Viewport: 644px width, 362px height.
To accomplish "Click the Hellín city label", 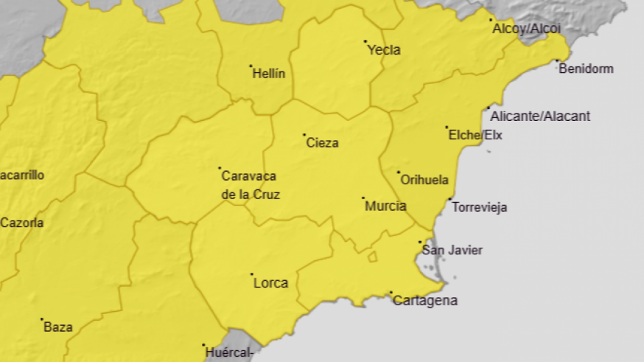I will (x=268, y=74).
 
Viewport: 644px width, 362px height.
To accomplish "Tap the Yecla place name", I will (x=384, y=50).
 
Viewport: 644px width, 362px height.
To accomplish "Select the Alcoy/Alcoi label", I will (x=525, y=28).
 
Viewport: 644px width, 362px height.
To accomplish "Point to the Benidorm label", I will (x=586, y=69).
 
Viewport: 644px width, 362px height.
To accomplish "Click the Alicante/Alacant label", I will (x=540, y=116).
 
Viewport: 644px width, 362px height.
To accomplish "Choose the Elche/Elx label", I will (x=476, y=135).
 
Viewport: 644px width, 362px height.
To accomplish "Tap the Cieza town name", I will (x=322, y=143).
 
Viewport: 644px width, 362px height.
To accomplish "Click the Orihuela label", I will (x=424, y=180).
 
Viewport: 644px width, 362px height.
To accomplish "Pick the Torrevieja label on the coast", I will (x=479, y=207).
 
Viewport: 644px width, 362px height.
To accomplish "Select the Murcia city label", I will (x=385, y=206).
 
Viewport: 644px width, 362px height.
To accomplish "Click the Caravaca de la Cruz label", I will (x=250, y=186).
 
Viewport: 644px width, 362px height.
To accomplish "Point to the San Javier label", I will (x=452, y=251).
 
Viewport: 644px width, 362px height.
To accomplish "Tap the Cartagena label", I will (x=425, y=301).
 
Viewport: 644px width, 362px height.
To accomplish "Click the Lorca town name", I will (x=270, y=283).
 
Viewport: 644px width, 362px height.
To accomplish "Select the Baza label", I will (x=57, y=327).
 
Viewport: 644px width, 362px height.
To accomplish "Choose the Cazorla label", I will (x=21, y=223).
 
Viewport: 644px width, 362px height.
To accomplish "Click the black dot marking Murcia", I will (x=363, y=198).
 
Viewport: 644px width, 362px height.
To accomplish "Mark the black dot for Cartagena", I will (x=391, y=293).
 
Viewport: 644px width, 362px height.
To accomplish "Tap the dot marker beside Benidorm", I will (x=557, y=61).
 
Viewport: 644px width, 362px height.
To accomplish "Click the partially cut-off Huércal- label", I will (x=231, y=352).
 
